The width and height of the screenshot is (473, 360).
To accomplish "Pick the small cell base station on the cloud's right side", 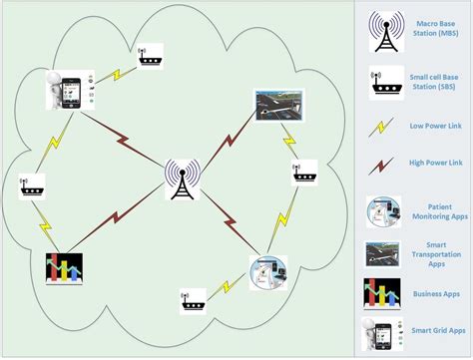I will coord(303,172).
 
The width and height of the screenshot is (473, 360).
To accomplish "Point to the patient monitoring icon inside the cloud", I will coord(266,272).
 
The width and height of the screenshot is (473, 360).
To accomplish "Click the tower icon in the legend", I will coord(383,31).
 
